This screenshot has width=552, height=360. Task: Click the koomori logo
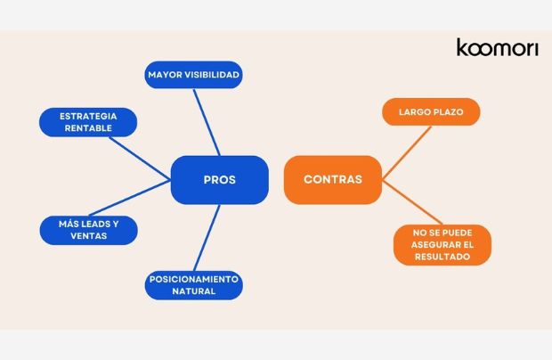pos(497,47)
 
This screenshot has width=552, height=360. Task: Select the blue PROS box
pos(219,180)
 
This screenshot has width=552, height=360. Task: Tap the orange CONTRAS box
pos(333,180)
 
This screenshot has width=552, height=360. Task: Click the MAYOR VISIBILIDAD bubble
pos(193,75)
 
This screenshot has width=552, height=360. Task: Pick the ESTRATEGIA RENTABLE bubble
pos(88,122)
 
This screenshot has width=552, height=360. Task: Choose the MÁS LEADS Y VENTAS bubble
pos(88,230)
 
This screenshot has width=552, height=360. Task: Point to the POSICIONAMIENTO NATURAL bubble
pos(193,285)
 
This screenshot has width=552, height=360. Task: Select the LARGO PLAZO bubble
pos(431,112)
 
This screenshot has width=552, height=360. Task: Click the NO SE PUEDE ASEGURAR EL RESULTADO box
pos(443,244)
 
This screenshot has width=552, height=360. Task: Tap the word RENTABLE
pos(88,128)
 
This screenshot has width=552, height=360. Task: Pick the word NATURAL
pos(193,291)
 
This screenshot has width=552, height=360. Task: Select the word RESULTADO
pos(443,257)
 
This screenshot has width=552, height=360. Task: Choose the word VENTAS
pos(88,236)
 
